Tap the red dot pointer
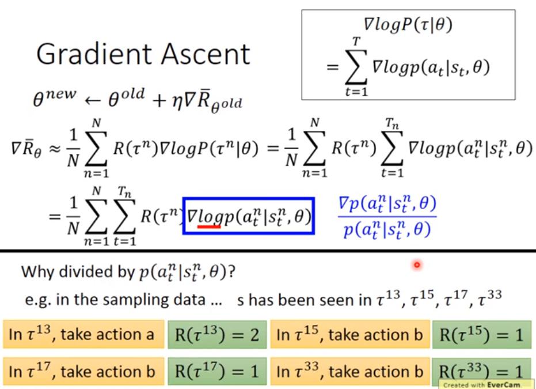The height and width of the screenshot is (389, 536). tap(416, 265)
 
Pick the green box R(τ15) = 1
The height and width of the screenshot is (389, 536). tap(481, 335)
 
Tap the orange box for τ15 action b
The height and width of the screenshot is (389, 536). tap(350, 335)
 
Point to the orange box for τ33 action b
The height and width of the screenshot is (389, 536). tap(350, 372)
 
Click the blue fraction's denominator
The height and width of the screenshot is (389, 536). tap(387, 231)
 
